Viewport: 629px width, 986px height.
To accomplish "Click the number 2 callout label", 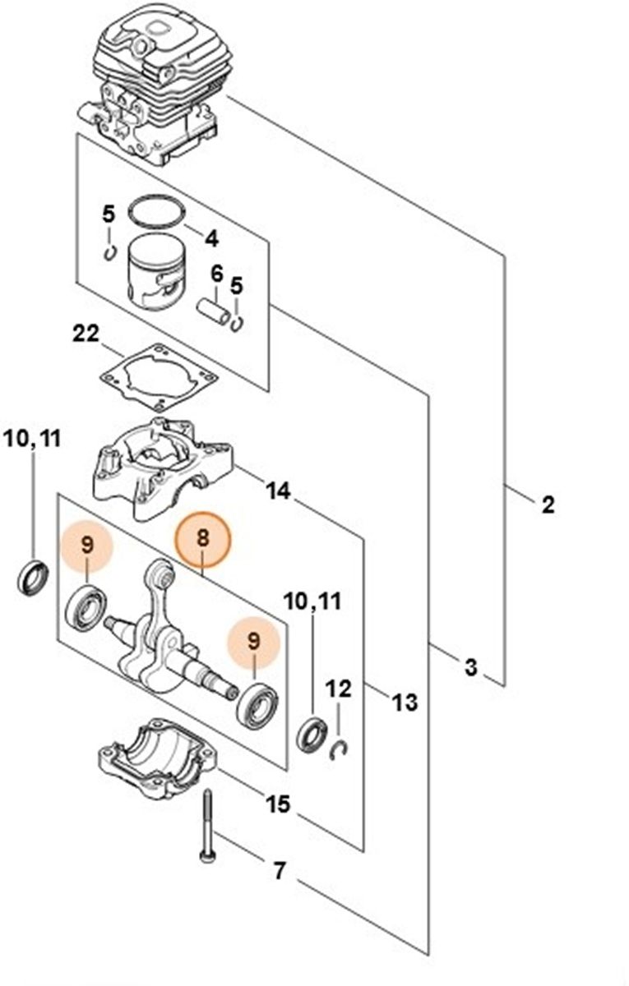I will coord(548,504).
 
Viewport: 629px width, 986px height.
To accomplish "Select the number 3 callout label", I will coord(470,667).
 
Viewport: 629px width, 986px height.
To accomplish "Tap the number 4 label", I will coord(211,239).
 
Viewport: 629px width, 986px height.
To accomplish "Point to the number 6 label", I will coord(217,273).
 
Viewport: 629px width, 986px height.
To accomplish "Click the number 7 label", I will coord(279,870).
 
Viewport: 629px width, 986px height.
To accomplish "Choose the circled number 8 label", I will coord(204,539).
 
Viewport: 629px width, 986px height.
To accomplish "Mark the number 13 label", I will coord(405,703).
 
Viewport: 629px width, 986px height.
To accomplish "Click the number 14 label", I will coord(278,491).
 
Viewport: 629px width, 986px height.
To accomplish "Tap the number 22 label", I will coord(86,334).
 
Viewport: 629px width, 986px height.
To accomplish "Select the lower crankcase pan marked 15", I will coord(156,759).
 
